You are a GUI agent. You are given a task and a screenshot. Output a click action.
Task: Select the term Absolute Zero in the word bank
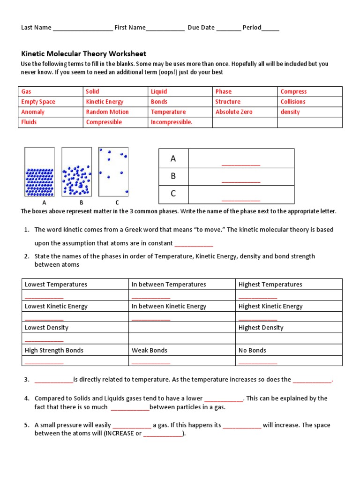[233, 112]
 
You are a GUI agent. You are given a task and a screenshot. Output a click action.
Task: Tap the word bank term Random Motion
[107, 112]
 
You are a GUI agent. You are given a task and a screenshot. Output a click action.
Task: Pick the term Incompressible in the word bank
[172, 122]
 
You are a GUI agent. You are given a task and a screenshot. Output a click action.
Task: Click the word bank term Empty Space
[38, 102]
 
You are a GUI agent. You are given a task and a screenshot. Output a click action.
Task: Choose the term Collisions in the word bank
[292, 102]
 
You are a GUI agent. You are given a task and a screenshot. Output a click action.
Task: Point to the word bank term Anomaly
[33, 112]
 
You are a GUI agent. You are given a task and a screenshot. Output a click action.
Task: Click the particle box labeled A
[39, 172]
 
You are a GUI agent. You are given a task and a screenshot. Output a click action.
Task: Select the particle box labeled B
[76, 172]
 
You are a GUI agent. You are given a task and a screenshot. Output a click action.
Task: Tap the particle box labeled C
[113, 172]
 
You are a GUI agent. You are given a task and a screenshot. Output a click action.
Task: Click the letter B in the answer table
[173, 176]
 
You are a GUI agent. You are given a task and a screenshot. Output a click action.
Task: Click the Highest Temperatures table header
[270, 285]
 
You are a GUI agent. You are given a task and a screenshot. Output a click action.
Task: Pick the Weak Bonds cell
[149, 350]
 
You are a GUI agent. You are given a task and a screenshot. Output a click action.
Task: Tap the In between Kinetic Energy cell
[169, 306]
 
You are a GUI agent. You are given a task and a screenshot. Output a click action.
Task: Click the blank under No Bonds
[258, 361]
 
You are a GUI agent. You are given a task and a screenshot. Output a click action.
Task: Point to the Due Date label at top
[201, 28]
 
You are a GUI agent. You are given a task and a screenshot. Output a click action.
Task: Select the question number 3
[27, 380]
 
